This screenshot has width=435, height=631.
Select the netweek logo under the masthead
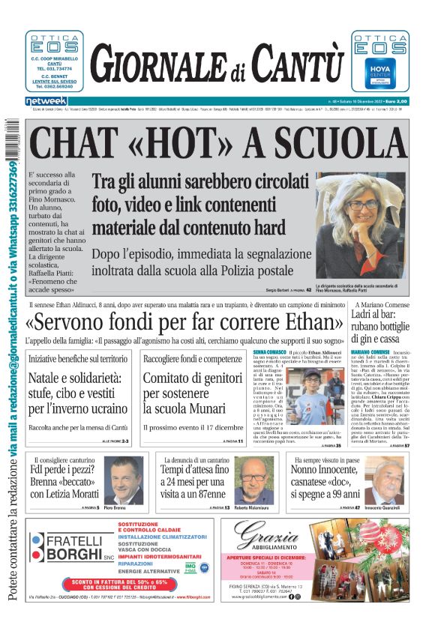pos(46,100)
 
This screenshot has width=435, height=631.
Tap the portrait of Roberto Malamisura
pos(254,480)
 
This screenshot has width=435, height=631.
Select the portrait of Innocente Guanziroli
pos(388,480)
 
